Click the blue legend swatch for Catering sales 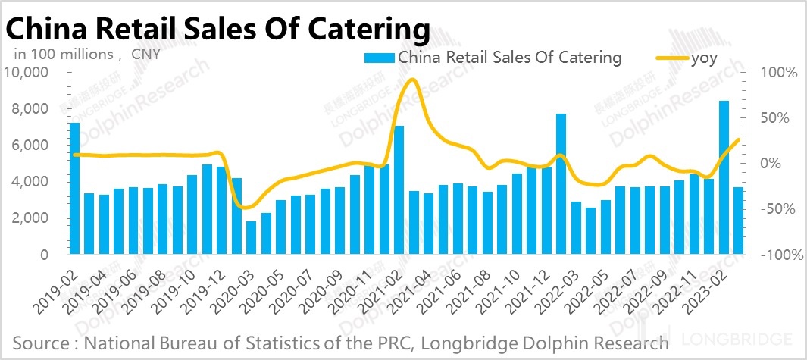click(378, 58)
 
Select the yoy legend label click(704, 58)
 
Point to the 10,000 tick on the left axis click(27, 73)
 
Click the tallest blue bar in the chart click(724, 177)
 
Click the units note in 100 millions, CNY click(83, 54)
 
